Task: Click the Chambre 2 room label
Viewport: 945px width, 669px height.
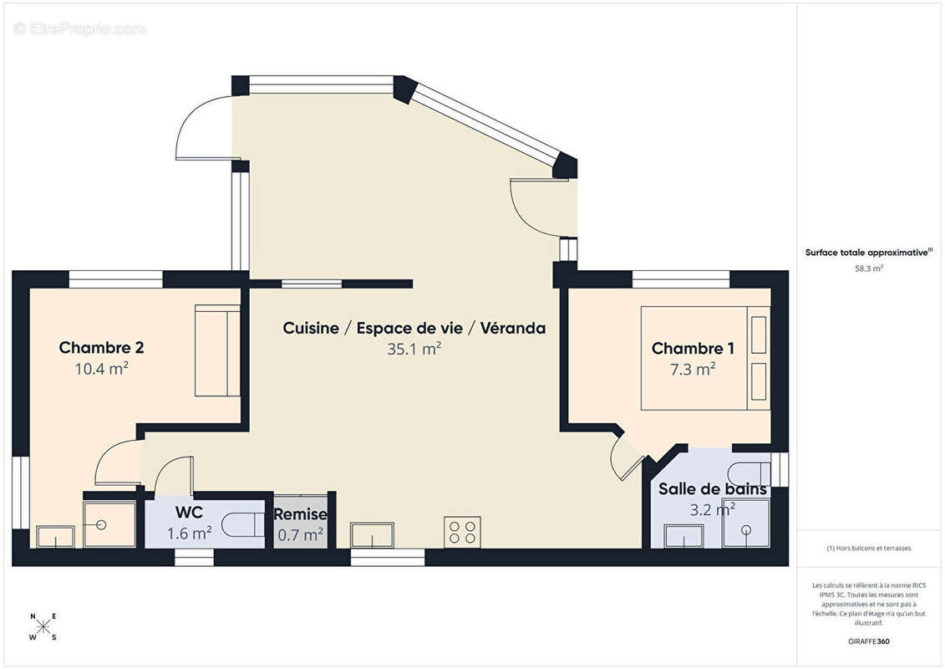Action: pyautogui.click(x=101, y=348)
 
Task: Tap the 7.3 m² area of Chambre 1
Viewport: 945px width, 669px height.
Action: pyautogui.click(x=693, y=369)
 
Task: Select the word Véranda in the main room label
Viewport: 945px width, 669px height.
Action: pyautogui.click(x=513, y=328)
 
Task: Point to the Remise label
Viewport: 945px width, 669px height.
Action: pyautogui.click(x=300, y=514)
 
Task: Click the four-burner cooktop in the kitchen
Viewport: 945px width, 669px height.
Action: pyautogui.click(x=462, y=532)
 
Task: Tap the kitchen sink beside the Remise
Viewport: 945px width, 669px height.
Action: pyautogui.click(x=373, y=535)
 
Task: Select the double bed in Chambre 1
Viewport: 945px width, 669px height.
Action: pyautogui.click(x=705, y=358)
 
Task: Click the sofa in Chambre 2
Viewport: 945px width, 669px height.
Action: pyautogui.click(x=217, y=350)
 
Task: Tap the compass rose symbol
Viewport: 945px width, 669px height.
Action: pyautogui.click(x=43, y=627)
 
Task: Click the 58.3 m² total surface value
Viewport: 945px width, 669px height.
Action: pyautogui.click(x=868, y=268)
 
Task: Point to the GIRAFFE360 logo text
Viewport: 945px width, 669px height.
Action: pyautogui.click(x=868, y=641)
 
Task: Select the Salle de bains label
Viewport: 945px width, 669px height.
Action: pyautogui.click(x=713, y=488)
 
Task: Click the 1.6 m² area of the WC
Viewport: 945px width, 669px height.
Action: pyautogui.click(x=189, y=534)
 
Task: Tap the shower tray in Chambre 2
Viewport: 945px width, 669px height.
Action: pyautogui.click(x=109, y=525)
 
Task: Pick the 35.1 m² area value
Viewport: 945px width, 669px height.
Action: pyautogui.click(x=414, y=349)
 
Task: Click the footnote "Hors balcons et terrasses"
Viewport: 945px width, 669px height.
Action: pyautogui.click(x=868, y=549)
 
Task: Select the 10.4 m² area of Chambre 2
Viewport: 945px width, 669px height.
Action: pyautogui.click(x=101, y=369)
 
